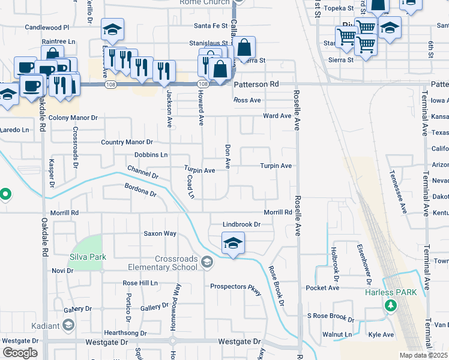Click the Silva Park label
(x=88, y=257)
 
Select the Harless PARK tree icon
(x=391, y=306)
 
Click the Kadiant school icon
(x=68, y=325)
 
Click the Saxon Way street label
(x=159, y=233)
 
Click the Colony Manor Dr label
(x=73, y=118)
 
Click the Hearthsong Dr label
(x=125, y=333)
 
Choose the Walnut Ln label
(x=337, y=334)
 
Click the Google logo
(x=20, y=353)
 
